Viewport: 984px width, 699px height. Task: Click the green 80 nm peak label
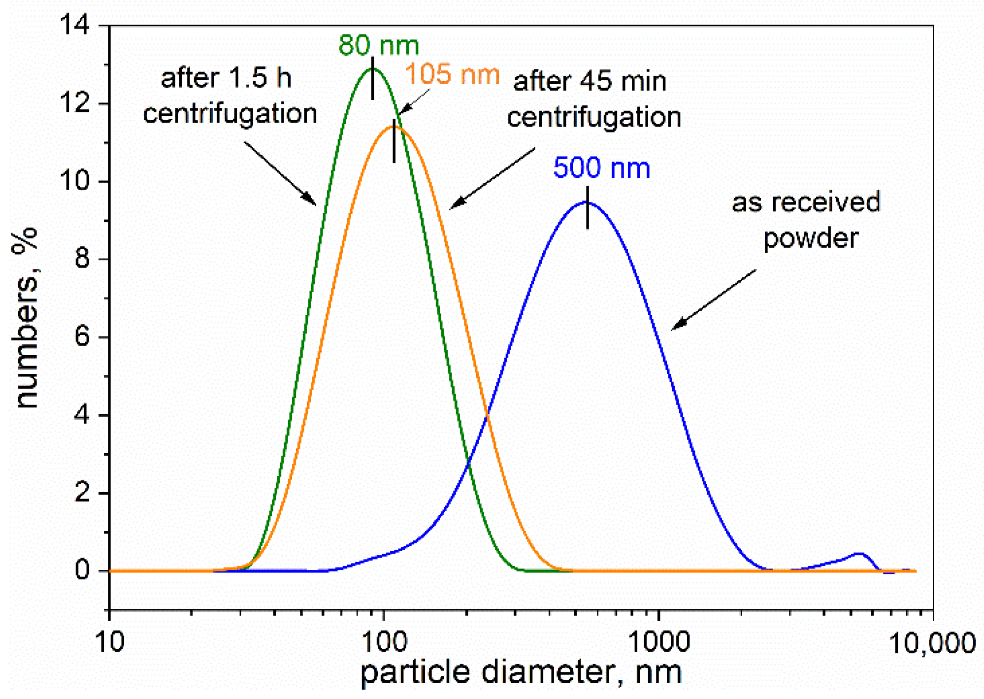pos(378,45)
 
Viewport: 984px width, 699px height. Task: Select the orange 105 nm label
pos(452,74)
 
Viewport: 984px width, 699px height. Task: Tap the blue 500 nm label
pos(601,168)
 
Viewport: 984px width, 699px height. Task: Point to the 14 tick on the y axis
pos(74,25)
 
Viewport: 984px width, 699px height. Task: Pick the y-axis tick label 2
pos(82,492)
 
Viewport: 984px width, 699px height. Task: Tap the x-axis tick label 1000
pos(659,642)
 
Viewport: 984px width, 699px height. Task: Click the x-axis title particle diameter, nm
pos(521,672)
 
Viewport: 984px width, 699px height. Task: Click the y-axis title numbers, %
pos(26,318)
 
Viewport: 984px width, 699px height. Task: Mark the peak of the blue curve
pos(587,202)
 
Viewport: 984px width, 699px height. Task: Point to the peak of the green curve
pos(373,68)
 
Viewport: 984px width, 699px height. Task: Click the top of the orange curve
pos(394,127)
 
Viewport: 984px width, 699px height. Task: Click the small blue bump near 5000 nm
pos(859,554)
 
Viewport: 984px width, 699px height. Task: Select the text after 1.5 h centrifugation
pos(230,96)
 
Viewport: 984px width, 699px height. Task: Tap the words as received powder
pos(806,220)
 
